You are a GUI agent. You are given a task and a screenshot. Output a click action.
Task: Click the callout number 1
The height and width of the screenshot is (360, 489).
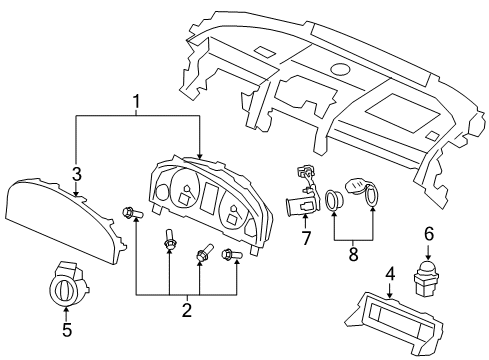tap(138, 101)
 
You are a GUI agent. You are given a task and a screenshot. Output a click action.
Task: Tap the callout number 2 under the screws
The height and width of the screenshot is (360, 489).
tap(185, 311)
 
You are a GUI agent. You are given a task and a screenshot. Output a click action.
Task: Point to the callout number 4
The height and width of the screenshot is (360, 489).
tap(391, 271)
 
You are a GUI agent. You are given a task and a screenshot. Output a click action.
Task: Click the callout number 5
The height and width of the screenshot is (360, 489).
tap(67, 327)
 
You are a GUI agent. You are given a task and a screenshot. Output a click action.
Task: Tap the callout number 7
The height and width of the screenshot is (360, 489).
tap(306, 239)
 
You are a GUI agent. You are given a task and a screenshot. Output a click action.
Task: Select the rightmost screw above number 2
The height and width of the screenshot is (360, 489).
tap(232, 258)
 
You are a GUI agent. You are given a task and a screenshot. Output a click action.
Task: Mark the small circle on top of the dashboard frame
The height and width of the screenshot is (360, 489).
tap(340, 70)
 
